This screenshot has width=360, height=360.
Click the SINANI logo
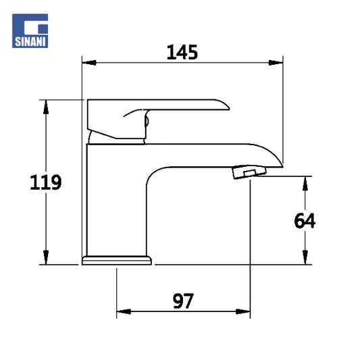pos(30,31)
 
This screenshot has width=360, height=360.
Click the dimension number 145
pos(182,53)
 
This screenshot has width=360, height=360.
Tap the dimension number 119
pos(46,182)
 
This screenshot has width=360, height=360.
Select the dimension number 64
pos(305,221)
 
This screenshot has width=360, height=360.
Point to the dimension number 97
pos(183,301)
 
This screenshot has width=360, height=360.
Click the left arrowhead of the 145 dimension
pos(89,62)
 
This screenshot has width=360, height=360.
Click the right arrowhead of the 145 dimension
pos(276,62)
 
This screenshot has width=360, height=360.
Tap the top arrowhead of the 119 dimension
pos(46,107)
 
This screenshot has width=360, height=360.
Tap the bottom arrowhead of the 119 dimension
pos(46,257)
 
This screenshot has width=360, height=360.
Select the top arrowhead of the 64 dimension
pos(305,184)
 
